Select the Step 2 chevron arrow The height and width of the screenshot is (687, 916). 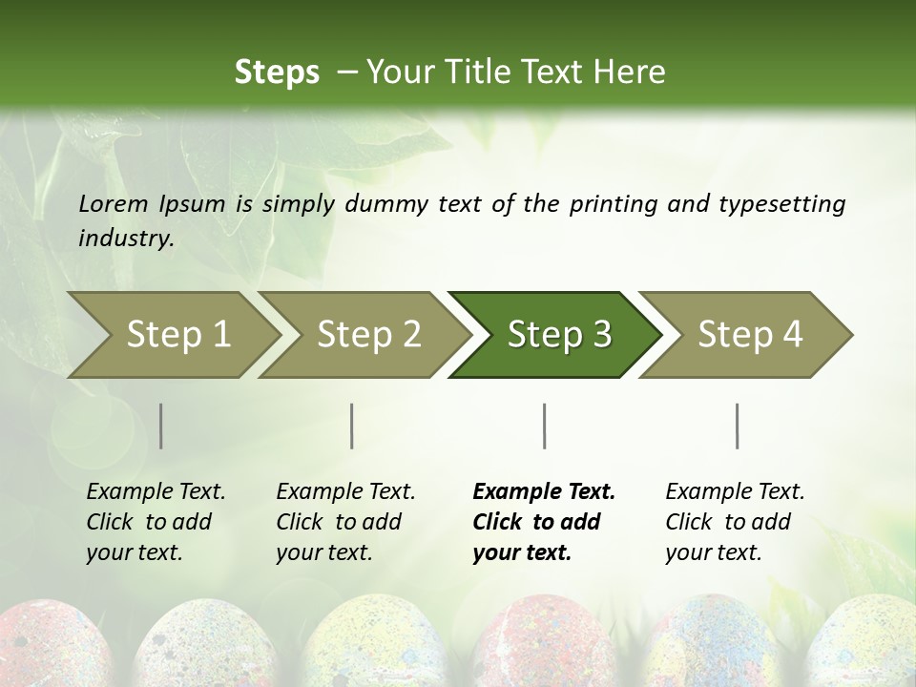pos(368,335)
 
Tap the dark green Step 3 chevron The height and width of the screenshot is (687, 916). pos(559,335)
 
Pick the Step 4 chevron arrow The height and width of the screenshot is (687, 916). pos(750,335)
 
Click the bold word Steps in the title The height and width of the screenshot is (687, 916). pos(277,72)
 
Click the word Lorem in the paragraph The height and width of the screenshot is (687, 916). pos(114,203)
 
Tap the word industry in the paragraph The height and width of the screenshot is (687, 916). pos(126,238)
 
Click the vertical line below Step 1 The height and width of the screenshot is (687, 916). pos(160,426)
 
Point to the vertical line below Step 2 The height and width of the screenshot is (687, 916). pos(352,426)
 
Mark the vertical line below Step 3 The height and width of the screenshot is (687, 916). pos(544,426)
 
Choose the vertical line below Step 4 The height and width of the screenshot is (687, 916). pos(737,426)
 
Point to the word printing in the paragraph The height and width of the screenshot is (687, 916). pos(611,203)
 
